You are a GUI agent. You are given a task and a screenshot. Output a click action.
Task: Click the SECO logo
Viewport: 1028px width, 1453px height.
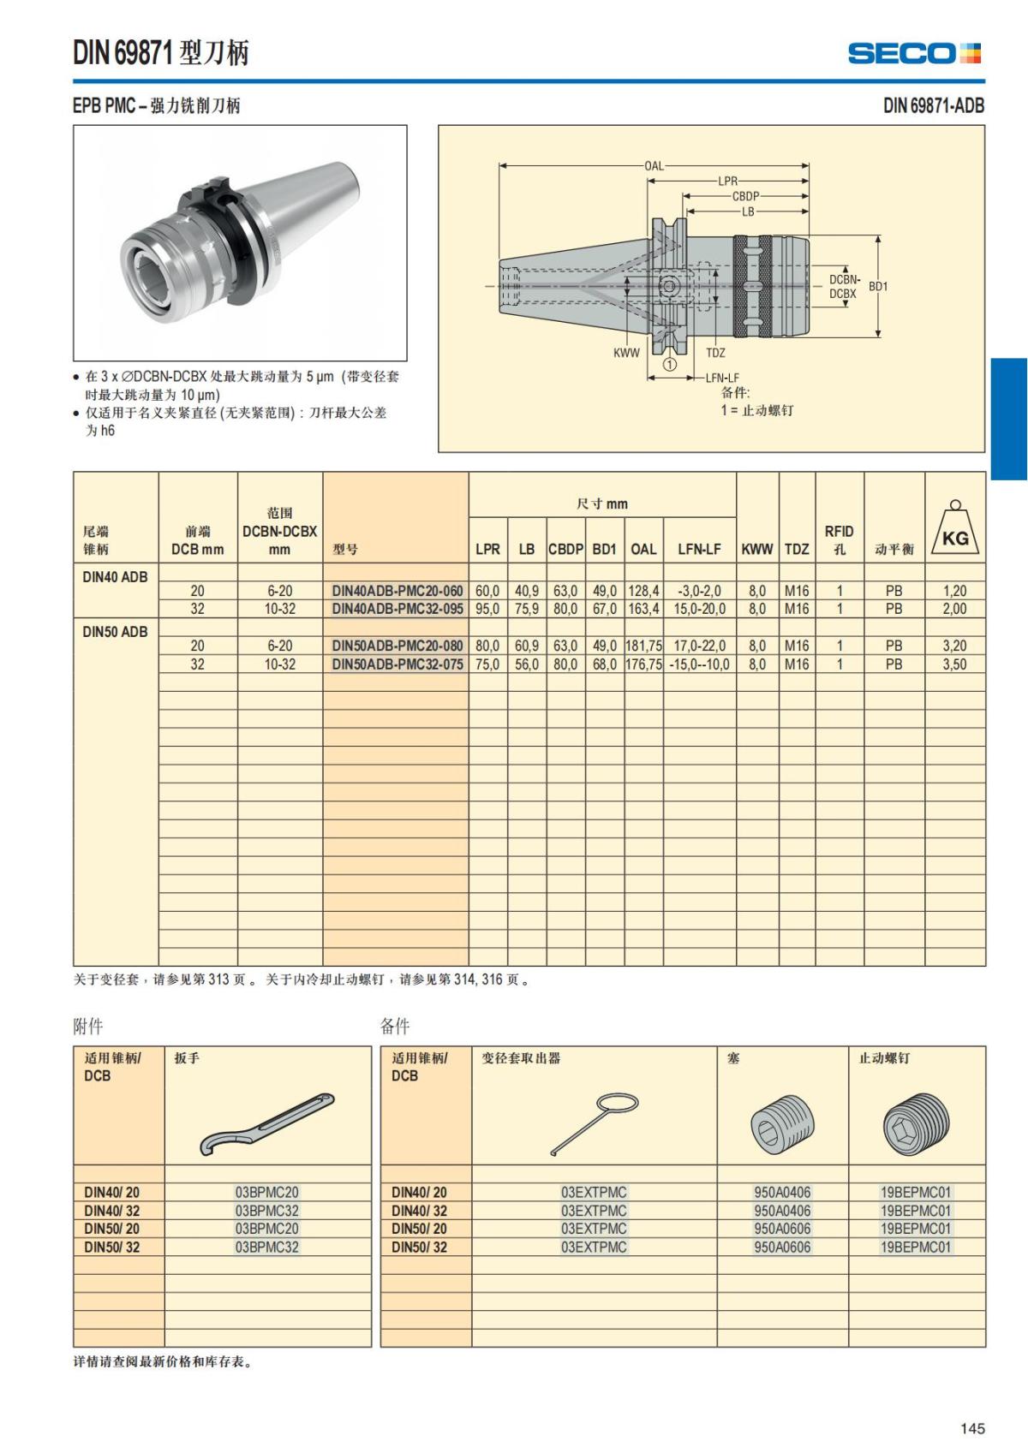914,53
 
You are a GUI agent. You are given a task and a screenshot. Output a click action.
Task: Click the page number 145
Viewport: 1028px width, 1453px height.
972,1428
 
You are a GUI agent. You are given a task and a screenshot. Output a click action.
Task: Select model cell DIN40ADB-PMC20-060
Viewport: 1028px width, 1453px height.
397,591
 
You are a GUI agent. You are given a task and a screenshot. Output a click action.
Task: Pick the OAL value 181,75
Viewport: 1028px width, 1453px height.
643,646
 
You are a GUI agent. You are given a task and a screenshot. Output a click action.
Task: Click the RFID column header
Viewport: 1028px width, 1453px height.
839,539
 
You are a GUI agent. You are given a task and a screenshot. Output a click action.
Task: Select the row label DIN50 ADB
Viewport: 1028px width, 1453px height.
115,632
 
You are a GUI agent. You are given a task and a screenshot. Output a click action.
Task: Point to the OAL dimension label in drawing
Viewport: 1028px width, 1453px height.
654,165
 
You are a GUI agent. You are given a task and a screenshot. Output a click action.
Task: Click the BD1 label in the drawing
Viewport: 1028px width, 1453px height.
878,286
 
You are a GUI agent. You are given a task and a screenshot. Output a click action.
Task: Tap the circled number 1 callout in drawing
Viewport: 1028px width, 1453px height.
670,364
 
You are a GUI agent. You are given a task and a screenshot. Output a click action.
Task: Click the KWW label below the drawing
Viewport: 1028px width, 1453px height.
626,353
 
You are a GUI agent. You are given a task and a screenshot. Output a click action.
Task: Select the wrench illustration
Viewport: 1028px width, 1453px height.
266,1124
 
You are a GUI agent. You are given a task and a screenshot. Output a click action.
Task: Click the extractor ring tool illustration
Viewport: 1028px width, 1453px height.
594,1123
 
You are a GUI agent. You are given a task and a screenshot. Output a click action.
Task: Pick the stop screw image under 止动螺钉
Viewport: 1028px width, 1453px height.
916,1123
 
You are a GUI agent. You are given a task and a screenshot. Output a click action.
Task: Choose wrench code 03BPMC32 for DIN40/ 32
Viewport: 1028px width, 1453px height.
266,1211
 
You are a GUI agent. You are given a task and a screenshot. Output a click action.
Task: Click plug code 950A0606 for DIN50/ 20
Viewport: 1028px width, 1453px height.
781,1229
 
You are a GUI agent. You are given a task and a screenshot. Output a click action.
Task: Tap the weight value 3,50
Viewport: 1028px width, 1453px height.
954,664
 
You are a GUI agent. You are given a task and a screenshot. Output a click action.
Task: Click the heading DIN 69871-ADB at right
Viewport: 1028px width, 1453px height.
933,106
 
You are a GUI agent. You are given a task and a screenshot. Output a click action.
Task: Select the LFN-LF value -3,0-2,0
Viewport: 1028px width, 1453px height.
699,591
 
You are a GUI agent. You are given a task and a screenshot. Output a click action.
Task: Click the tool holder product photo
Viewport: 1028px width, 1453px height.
240,242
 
